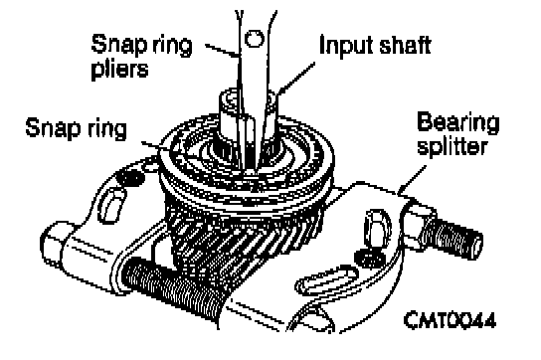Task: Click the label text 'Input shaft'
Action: [375, 45]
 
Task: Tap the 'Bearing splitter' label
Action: [457, 134]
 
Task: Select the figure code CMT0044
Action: [450, 320]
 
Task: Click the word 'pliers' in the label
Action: [119, 71]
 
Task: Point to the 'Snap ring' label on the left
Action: [77, 128]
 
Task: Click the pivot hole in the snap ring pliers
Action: [255, 39]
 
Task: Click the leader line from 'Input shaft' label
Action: [295, 79]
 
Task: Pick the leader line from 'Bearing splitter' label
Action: [412, 180]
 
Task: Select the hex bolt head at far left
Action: [56, 242]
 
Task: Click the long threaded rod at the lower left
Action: [172, 290]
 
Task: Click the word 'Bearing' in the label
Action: [458, 122]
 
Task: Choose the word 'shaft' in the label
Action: [405, 45]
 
